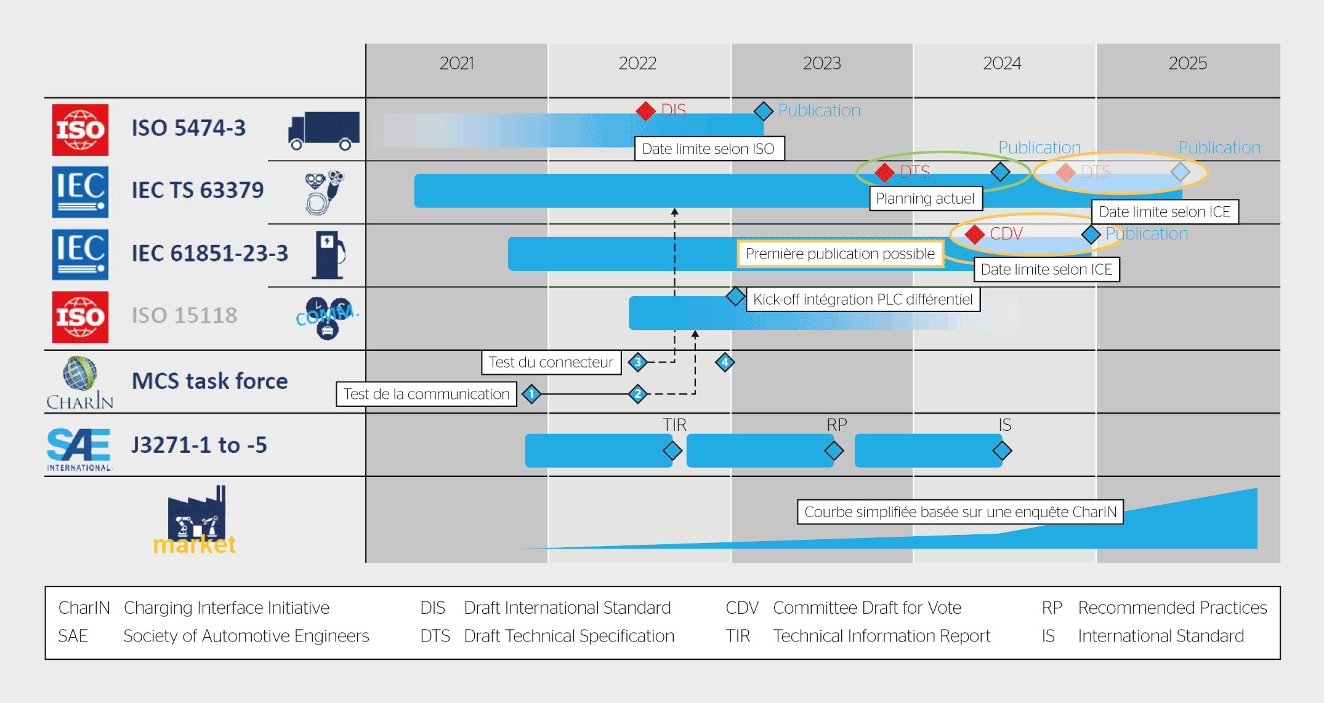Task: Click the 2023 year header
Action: pyautogui.click(x=821, y=63)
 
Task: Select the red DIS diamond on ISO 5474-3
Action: pyautogui.click(x=645, y=111)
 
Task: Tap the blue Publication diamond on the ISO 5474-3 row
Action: pyautogui.click(x=763, y=111)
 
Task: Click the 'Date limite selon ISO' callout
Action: pyautogui.click(x=709, y=149)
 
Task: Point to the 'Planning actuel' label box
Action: pyautogui.click(x=925, y=199)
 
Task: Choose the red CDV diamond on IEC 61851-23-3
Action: pyautogui.click(x=974, y=235)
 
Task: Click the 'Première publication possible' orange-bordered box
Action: pyautogui.click(x=840, y=254)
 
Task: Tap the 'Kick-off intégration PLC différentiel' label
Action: pyautogui.click(x=863, y=300)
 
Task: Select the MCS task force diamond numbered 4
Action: pyautogui.click(x=725, y=363)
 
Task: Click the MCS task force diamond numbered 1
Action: pyautogui.click(x=531, y=394)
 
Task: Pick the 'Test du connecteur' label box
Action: pyautogui.click(x=551, y=363)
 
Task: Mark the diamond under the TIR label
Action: pyautogui.click(x=672, y=451)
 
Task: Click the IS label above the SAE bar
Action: pyautogui.click(x=1004, y=425)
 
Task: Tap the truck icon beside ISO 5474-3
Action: pyautogui.click(x=323, y=131)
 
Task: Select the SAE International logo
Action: pyautogui.click(x=79, y=449)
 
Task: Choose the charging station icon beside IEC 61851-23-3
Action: pyautogui.click(x=329, y=255)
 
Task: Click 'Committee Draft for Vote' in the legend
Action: pyautogui.click(x=867, y=608)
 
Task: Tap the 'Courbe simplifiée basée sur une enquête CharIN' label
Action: pyautogui.click(x=960, y=512)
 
